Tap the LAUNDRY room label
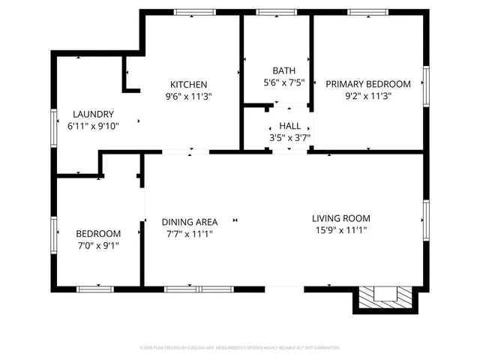(x=93, y=114)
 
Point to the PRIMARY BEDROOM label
(x=367, y=84)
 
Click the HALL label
(x=289, y=126)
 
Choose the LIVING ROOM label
(x=341, y=218)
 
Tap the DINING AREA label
(x=190, y=221)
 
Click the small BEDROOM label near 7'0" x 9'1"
(x=97, y=233)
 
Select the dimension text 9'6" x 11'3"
(x=188, y=96)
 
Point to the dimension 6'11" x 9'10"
(x=93, y=126)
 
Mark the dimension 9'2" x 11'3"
(x=367, y=96)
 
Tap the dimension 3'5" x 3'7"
(x=289, y=138)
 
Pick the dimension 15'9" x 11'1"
(x=341, y=230)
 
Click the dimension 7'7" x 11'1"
(x=190, y=233)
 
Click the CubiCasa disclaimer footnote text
(x=240, y=348)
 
